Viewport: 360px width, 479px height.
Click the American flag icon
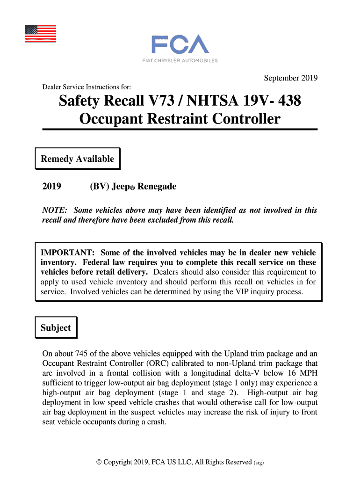click(40, 33)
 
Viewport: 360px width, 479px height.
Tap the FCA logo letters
click(180, 44)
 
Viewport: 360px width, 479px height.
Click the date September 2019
click(291, 78)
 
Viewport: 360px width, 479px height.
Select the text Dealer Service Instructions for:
click(86, 87)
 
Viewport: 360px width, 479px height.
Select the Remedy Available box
click(78, 159)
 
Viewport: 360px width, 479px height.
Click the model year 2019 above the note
click(52, 187)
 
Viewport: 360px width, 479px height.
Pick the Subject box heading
click(56, 328)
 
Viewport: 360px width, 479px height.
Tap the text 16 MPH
click(302, 373)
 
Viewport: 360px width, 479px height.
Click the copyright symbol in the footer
click(98, 462)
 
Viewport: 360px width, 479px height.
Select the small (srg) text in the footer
click(259, 463)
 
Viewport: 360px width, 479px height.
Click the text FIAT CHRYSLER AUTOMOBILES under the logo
click(180, 60)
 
